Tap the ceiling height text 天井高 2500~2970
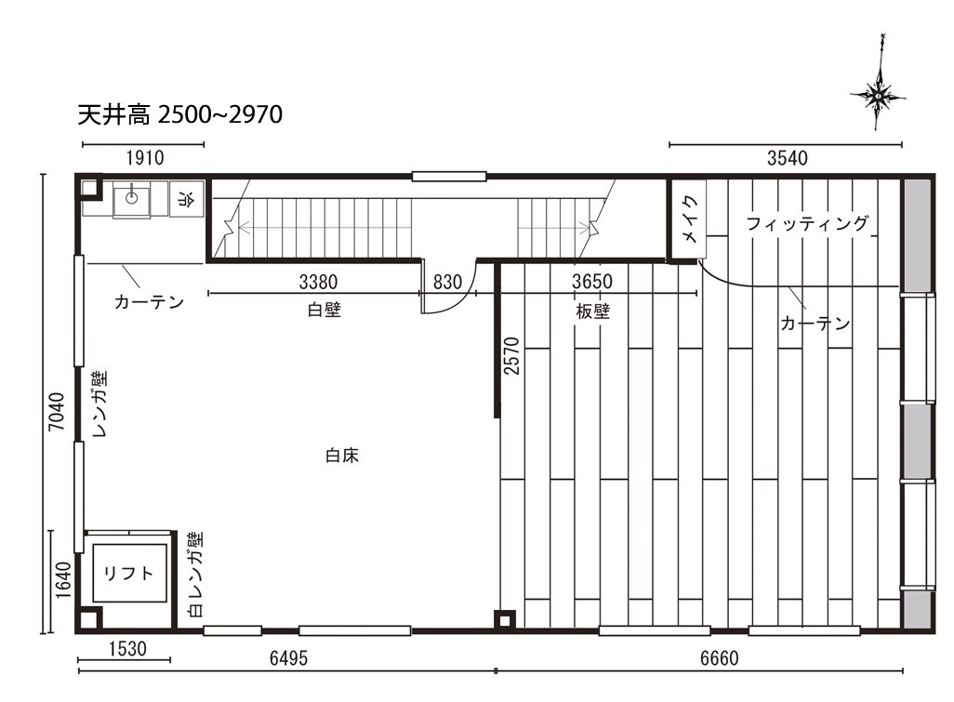tap(180, 114)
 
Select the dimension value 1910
tap(145, 158)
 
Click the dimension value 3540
tap(788, 158)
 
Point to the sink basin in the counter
tap(132, 199)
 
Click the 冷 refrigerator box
tap(187, 199)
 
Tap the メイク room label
tap(689, 219)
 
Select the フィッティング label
tap(807, 224)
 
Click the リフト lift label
tap(129, 573)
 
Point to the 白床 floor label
tap(342, 455)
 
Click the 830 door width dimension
tap(447, 283)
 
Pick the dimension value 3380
tap(318, 283)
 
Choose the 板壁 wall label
tap(592, 311)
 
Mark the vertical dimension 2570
tap(512, 356)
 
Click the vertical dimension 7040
tap(56, 412)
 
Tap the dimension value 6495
tap(288, 658)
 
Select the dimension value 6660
tap(719, 658)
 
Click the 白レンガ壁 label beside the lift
tap(195, 575)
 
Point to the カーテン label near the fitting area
tap(815, 323)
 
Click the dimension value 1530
tap(127, 649)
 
